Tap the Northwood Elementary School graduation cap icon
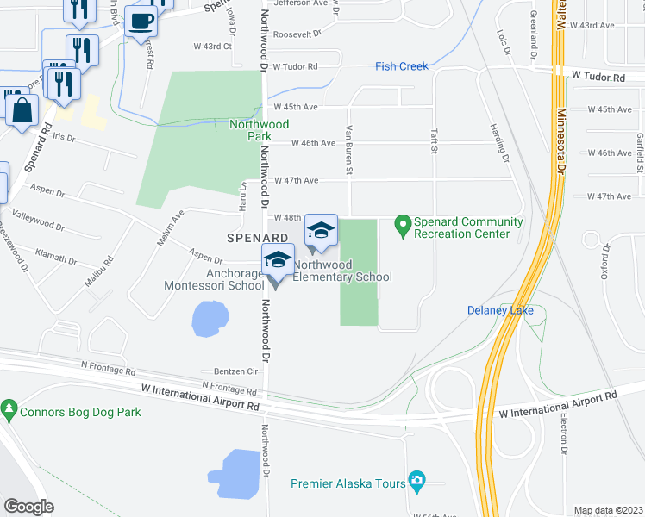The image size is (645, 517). [321, 230]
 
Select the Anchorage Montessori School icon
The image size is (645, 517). [279, 259]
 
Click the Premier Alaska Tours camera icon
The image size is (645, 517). [418, 479]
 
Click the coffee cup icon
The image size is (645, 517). [141, 21]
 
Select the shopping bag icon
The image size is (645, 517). [22, 109]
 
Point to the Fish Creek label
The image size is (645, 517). [401, 66]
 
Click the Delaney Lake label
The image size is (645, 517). [500, 310]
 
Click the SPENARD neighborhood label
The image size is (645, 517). [256, 236]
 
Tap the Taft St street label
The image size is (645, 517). [434, 141]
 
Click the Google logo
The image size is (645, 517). [29, 507]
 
